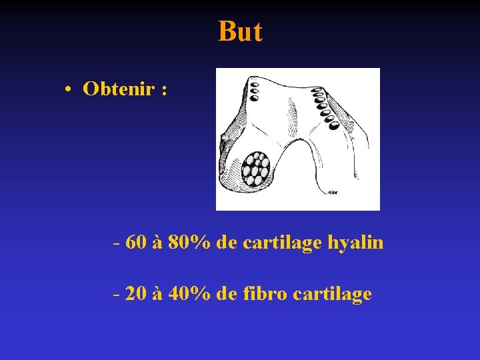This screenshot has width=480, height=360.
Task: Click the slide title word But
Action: click(240, 31)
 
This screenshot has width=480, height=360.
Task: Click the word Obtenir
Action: click(118, 89)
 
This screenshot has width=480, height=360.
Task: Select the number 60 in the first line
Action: click(136, 243)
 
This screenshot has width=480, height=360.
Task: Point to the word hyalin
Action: click(355, 243)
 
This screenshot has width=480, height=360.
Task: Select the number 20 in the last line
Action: click(136, 293)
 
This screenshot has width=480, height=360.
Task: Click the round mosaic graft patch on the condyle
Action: click(255, 168)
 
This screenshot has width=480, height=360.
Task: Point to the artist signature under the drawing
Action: click(332, 193)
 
